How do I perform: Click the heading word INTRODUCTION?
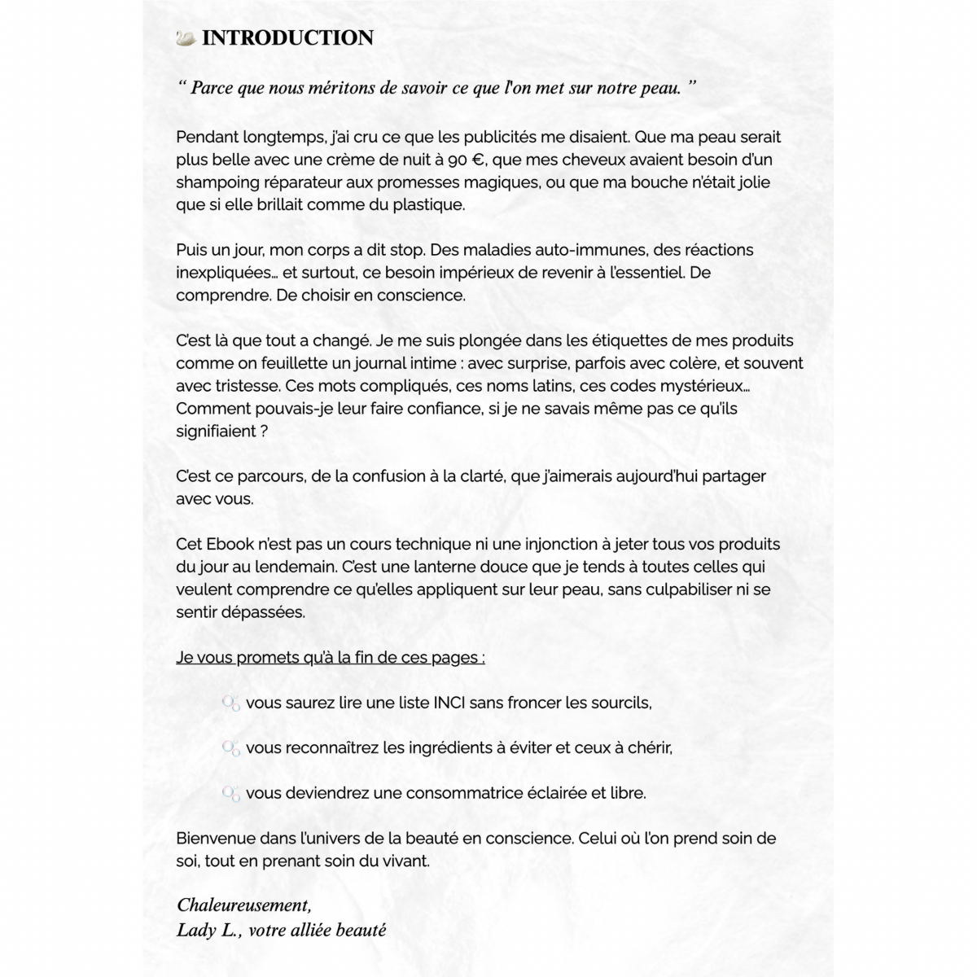(x=287, y=38)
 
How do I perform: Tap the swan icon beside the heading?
(x=186, y=37)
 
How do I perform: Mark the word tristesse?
(x=243, y=386)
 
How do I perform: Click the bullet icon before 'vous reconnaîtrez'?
(x=231, y=747)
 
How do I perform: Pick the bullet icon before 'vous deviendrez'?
(x=231, y=793)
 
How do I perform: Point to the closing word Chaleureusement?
(x=243, y=905)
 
